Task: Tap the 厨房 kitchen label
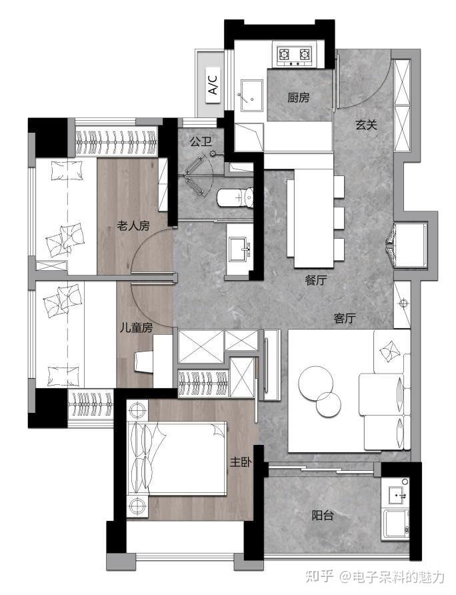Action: (x=298, y=97)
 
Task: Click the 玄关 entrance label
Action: (x=366, y=125)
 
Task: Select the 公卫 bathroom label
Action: (x=201, y=142)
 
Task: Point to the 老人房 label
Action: (x=133, y=226)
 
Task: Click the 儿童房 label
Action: (x=136, y=328)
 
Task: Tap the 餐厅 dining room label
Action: (x=315, y=280)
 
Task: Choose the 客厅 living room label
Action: (x=345, y=318)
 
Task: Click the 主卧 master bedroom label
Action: (x=241, y=462)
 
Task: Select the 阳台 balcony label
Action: (x=323, y=516)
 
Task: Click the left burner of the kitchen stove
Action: (x=284, y=55)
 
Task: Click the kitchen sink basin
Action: (x=252, y=96)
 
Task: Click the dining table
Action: (x=314, y=219)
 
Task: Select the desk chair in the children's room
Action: (x=145, y=362)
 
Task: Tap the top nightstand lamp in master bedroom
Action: (x=137, y=410)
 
